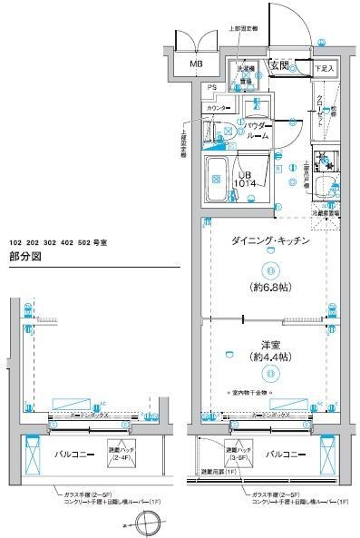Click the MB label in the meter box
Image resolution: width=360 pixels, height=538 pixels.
point(195,64)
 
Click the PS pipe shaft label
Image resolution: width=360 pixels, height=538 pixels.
point(212,87)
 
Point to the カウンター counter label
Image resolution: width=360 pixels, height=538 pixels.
point(218,108)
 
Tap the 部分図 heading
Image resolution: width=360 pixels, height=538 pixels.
point(24,257)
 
